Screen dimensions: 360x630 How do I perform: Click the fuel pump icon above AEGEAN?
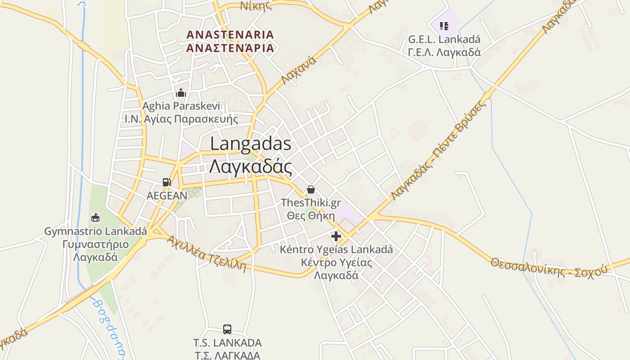167,182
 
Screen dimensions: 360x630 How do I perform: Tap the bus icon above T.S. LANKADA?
227,329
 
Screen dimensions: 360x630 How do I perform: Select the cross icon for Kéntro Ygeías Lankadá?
336,236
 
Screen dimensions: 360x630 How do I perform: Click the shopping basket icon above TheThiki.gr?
311,189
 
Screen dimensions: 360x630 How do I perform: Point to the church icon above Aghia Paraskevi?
181,93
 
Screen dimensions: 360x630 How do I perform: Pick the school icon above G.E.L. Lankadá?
444,26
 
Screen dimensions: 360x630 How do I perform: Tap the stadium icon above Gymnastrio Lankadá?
95,218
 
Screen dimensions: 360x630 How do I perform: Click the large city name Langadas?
251,144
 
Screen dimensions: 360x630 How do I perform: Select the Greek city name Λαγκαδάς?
251,167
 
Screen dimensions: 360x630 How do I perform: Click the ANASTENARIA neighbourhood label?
230,35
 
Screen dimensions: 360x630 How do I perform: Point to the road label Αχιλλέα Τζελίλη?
207,254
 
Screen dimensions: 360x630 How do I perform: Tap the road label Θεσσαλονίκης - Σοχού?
549,267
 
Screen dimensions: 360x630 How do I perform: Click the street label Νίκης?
256,5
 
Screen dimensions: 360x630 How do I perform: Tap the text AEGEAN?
167,196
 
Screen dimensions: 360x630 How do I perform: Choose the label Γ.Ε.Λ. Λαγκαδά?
444,52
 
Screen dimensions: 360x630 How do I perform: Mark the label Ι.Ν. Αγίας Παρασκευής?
181,119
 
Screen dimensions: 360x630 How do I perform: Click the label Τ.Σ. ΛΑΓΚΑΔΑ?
227,355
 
